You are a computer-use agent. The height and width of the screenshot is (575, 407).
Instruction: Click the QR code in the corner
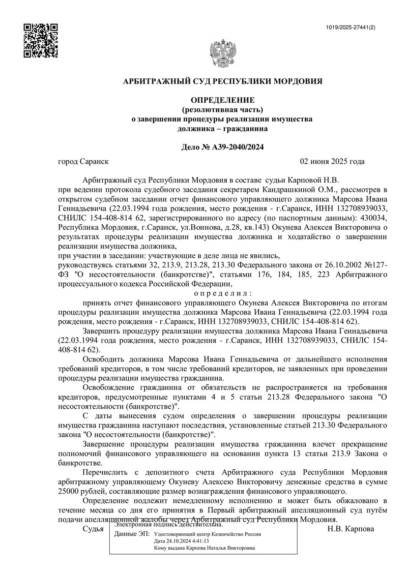[x=41, y=41]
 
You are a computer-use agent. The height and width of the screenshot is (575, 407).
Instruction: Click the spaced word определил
[x=223, y=293]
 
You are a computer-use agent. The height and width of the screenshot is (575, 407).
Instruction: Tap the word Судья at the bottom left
[x=93, y=529]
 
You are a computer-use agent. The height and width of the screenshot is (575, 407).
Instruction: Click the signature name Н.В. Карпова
[x=351, y=529]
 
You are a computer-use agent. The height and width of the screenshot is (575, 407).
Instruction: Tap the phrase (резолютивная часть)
[x=222, y=109]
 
